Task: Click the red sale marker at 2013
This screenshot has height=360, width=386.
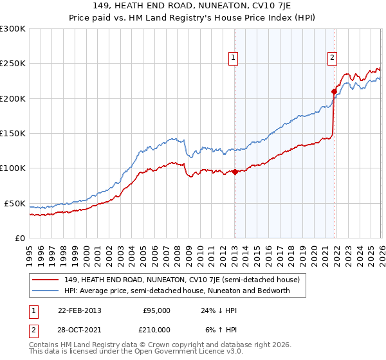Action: (235, 172)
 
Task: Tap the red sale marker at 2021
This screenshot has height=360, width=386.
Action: (334, 91)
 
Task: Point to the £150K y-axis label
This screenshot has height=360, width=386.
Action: (13, 134)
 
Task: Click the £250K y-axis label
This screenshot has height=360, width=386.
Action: (13, 64)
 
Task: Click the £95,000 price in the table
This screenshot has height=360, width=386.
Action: (156, 310)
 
